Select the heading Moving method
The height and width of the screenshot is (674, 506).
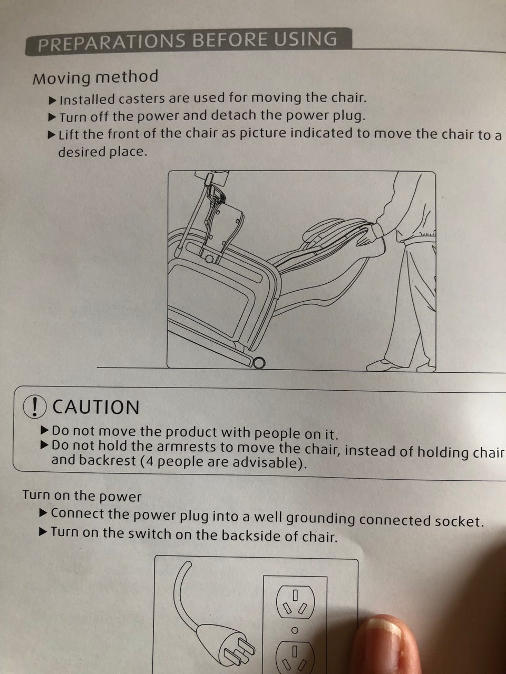(x=95, y=78)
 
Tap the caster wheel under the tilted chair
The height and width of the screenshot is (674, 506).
(x=259, y=363)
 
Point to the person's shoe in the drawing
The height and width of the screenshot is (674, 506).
(x=384, y=365)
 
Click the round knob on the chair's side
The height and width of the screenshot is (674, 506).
(x=210, y=259)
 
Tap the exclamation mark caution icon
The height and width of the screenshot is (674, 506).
(x=35, y=407)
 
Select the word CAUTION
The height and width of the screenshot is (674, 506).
(x=96, y=407)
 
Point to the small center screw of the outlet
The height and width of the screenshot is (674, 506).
(x=294, y=630)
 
